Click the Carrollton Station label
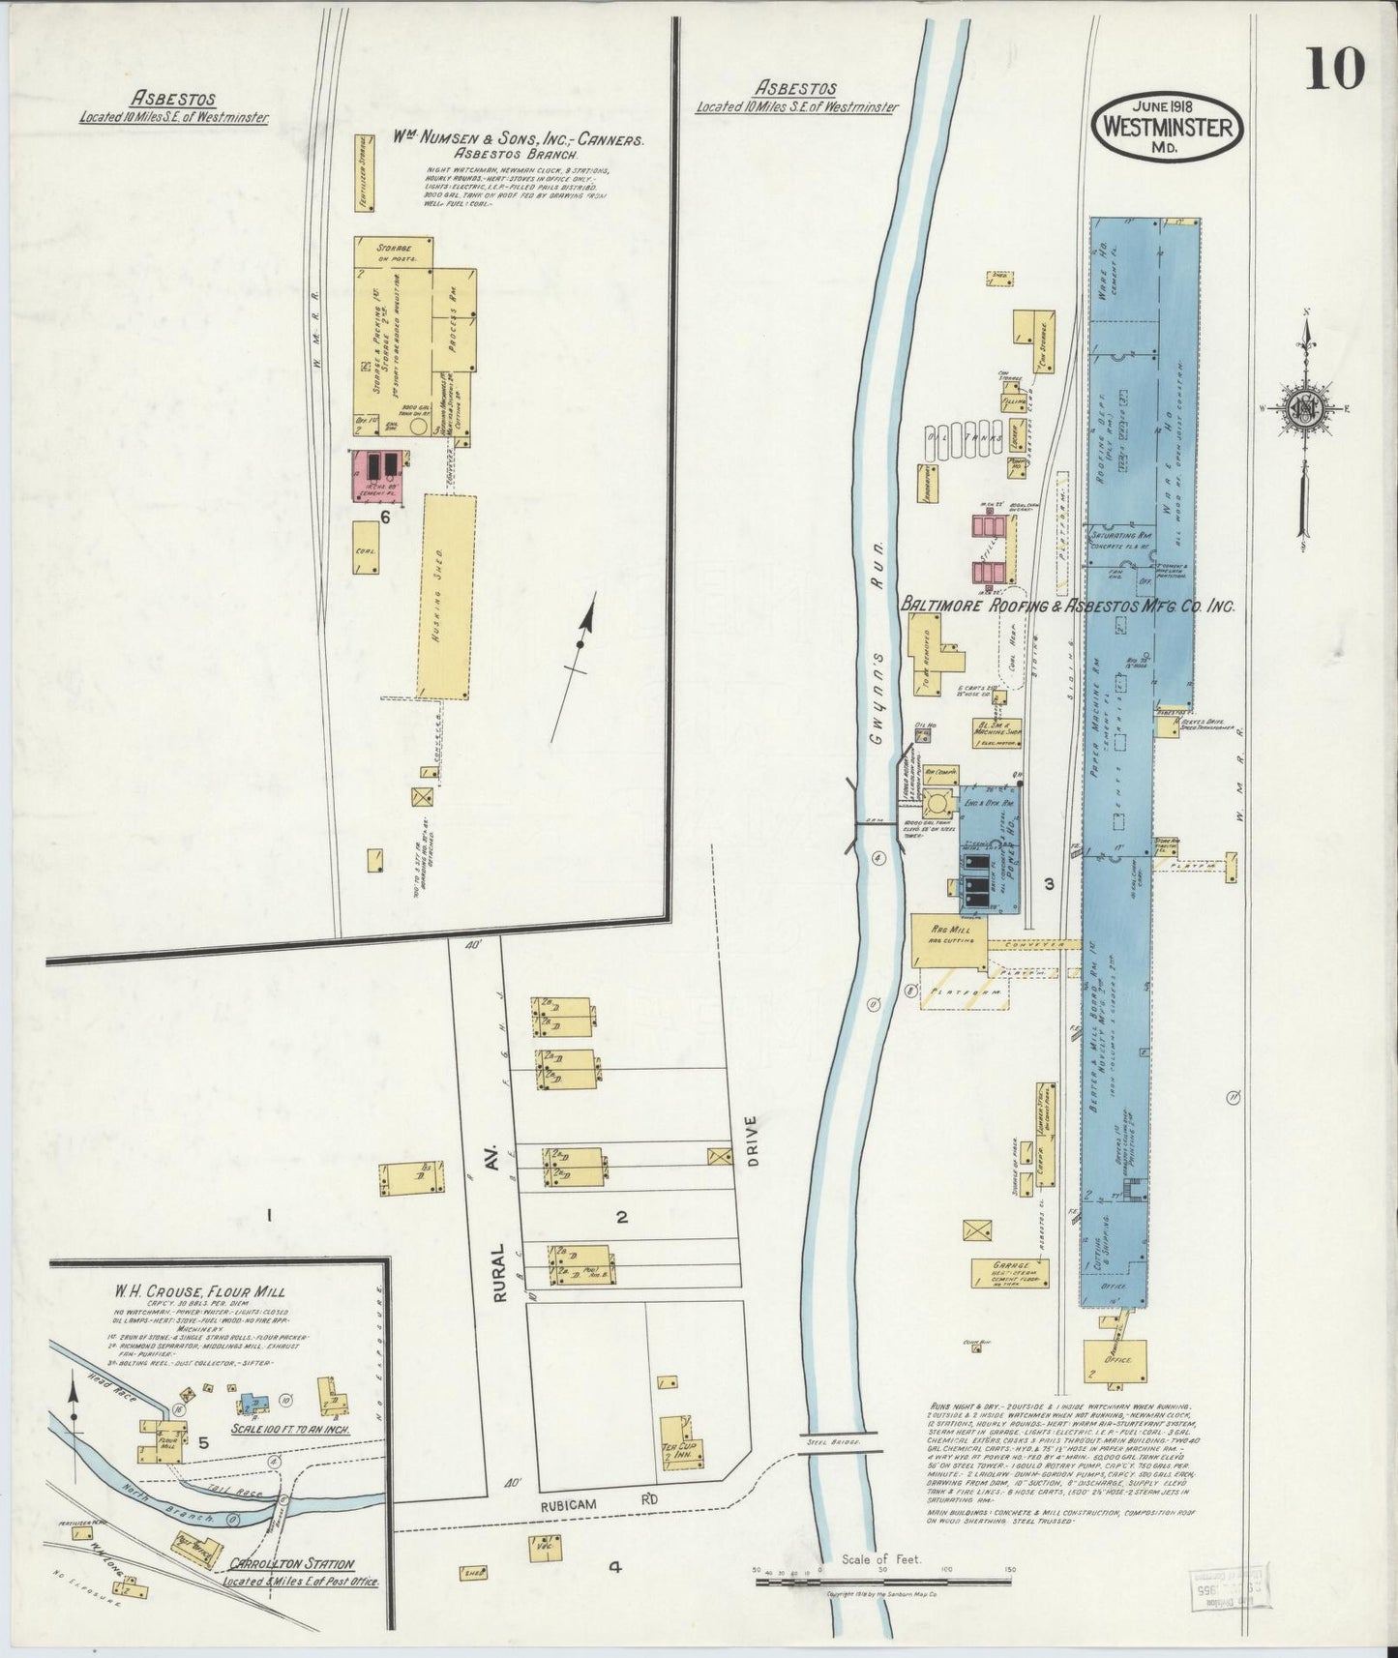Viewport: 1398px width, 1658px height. coord(291,1564)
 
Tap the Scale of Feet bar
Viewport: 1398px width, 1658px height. coord(882,1583)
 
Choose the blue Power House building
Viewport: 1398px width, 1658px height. coord(989,849)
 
